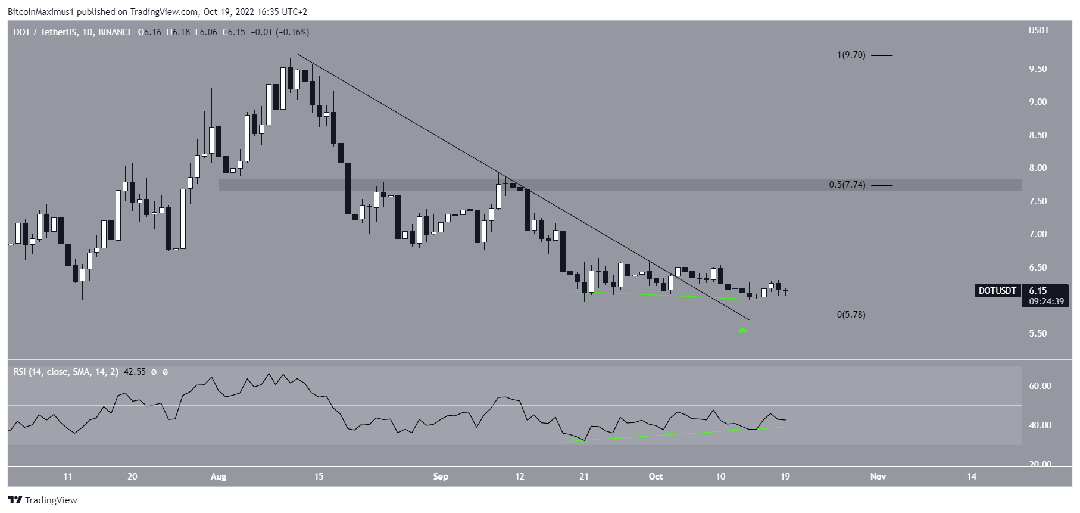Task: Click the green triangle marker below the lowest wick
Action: pyautogui.click(x=742, y=329)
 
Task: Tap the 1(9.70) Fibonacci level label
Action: pyautogui.click(x=851, y=55)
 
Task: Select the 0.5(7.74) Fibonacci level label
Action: pyautogui.click(x=847, y=185)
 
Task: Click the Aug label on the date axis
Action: pyautogui.click(x=219, y=477)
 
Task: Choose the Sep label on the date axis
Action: pyautogui.click(x=441, y=477)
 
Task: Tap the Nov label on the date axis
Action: pyautogui.click(x=878, y=477)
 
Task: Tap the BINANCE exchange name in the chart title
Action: pyautogui.click(x=115, y=32)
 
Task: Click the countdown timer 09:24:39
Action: pyautogui.click(x=1046, y=301)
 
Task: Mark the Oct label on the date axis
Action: pyautogui.click(x=656, y=477)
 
